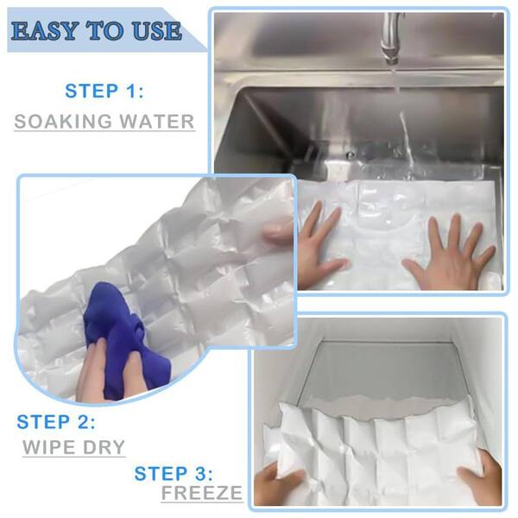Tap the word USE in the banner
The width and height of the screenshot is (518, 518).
tap(157, 31)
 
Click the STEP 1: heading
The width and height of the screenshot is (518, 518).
tap(104, 91)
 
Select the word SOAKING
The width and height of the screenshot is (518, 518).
tap(63, 121)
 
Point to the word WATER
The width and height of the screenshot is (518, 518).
tap(156, 121)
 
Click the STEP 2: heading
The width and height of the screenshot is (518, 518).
tap(56, 422)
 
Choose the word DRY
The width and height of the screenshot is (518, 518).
tap(104, 447)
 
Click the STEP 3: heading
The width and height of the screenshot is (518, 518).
tap(174, 473)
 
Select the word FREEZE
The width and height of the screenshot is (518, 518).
tap(202, 493)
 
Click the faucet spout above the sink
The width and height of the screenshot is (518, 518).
tap(392, 38)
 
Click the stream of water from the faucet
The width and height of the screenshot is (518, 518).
tap(405, 129)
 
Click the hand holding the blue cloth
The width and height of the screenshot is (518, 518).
tap(109, 370)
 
